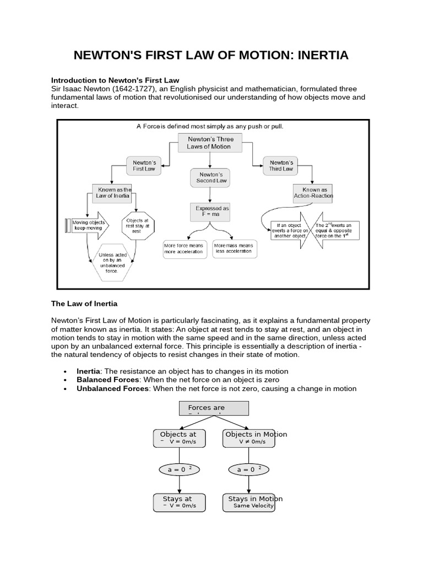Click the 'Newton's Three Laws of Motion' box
coord(210,143)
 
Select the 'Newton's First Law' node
coord(144,165)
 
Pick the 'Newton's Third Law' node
coord(281,165)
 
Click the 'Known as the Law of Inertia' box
coord(114,193)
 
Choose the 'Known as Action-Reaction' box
coord(314,193)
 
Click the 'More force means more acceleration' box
coord(185,248)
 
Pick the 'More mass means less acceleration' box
coord(234,248)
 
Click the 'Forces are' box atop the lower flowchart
coord(214,408)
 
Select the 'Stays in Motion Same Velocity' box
coord(251,502)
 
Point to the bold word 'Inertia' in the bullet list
coord(88,371)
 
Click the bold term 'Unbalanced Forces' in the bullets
coord(112,388)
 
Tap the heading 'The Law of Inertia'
coord(84,303)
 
